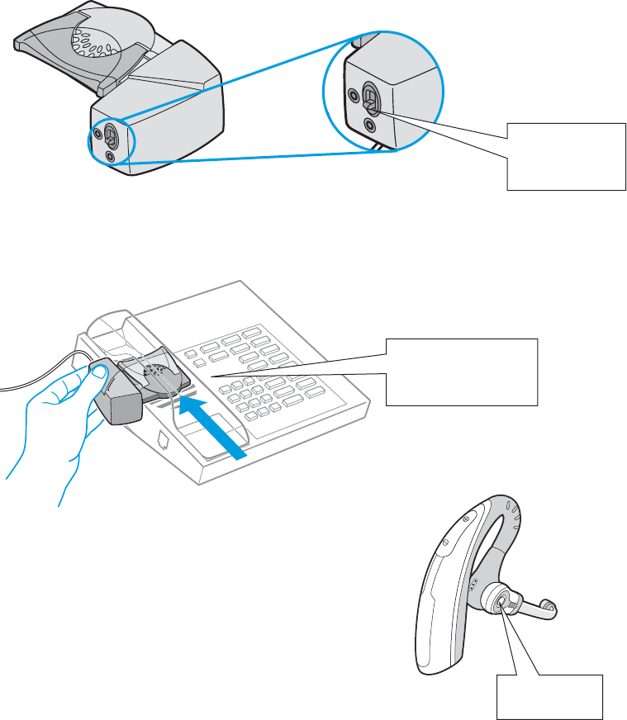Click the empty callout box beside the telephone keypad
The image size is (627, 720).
click(462, 370)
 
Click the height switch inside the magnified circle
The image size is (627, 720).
click(371, 102)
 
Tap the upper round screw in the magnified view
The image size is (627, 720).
click(356, 95)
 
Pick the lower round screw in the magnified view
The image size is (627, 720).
click(368, 126)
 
